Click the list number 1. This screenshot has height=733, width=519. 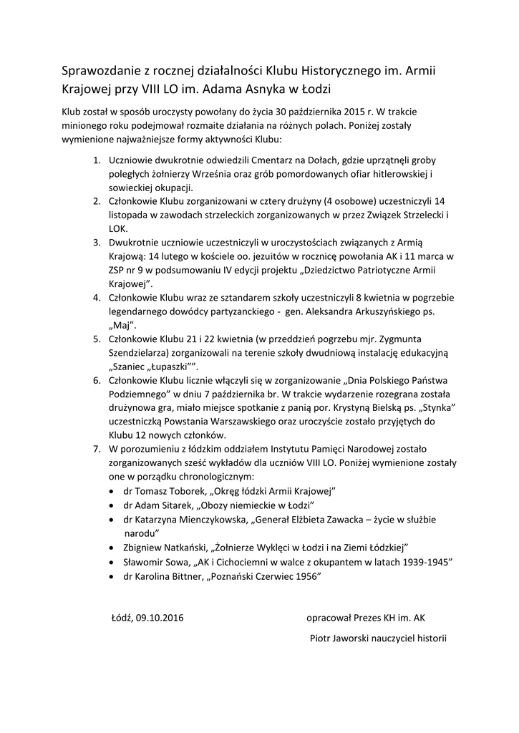point(97,162)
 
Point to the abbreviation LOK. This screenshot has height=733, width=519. point(117,228)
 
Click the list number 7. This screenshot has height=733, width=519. point(97,448)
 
